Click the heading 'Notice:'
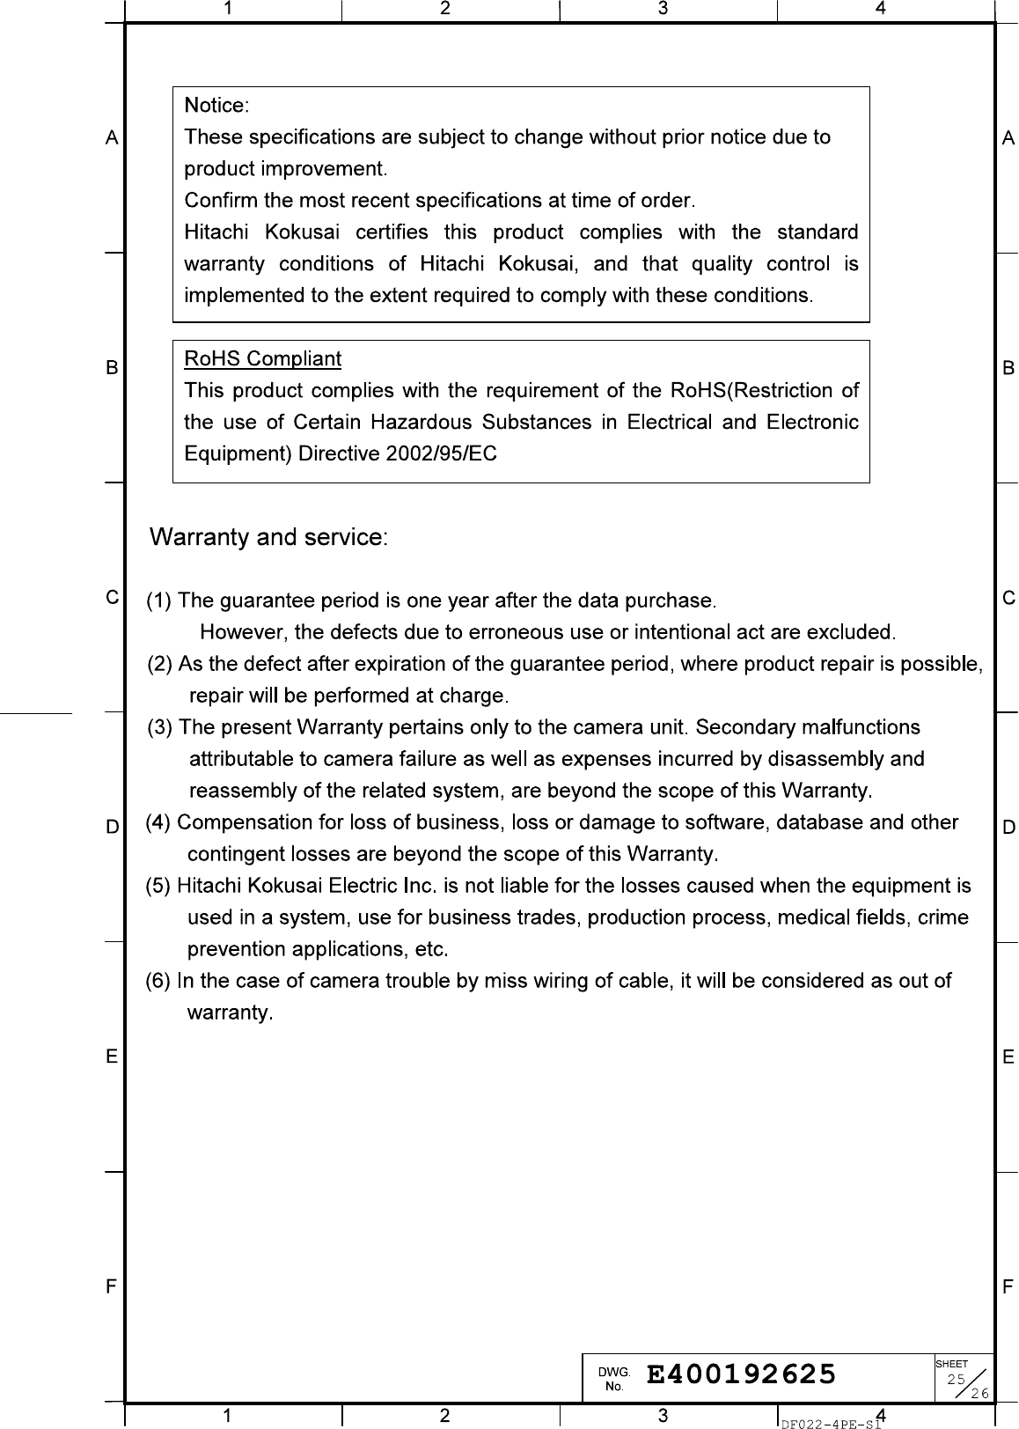tap(216, 106)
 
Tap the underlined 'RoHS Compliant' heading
tap(262, 359)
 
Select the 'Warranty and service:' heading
tap(268, 537)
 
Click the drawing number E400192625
tap(741, 1374)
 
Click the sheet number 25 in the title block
tap(956, 1379)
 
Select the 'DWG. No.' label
tap(614, 1379)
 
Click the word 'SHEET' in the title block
tap(952, 1364)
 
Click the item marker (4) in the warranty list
tap(159, 822)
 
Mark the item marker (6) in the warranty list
tap(159, 981)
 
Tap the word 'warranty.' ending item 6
tap(231, 1013)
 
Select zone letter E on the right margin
tap(1008, 1057)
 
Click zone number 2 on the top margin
tap(445, 9)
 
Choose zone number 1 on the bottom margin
tap(228, 1416)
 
